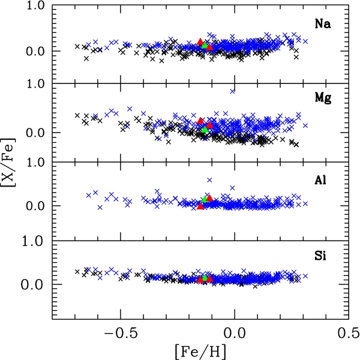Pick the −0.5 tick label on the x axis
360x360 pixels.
(x=120, y=332)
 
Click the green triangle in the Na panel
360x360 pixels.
(x=205, y=45)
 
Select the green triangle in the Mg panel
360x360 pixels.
(x=205, y=129)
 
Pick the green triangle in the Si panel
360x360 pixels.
(x=205, y=278)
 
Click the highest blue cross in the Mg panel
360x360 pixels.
(x=232, y=91)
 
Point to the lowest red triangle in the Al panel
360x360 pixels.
(x=200, y=206)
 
